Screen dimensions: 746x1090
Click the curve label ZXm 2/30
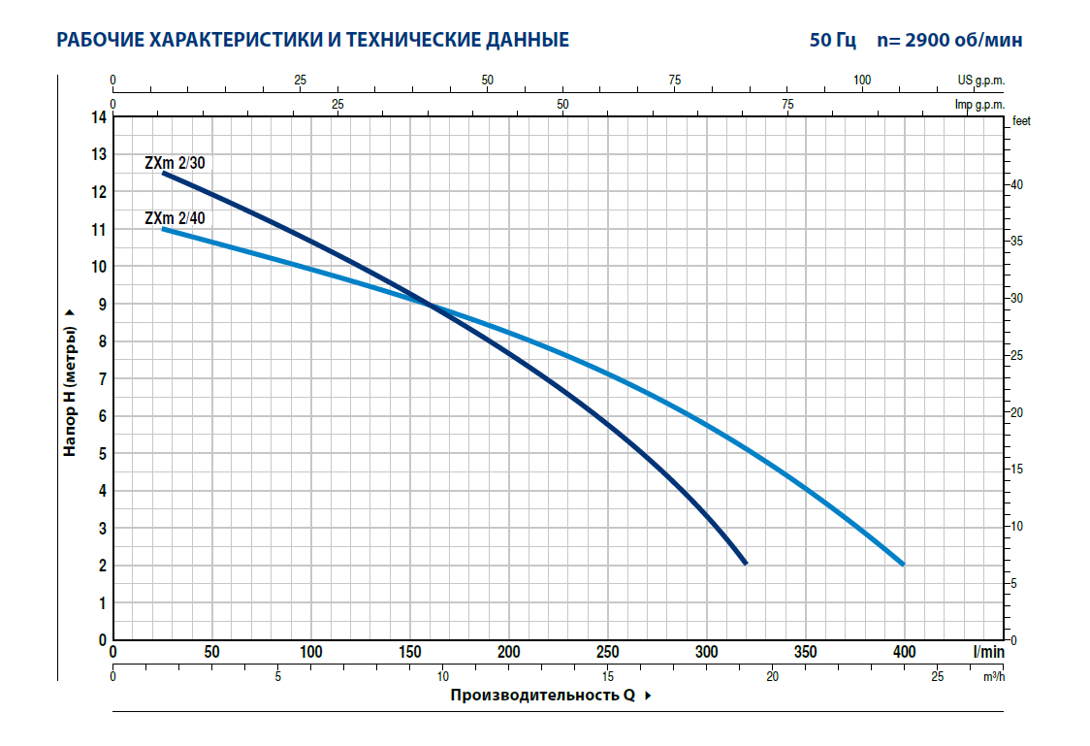(x=175, y=162)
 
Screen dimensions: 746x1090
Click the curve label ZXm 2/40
(x=175, y=218)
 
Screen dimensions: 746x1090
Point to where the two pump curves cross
(x=430, y=306)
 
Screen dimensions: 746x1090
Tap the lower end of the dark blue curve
(x=745, y=563)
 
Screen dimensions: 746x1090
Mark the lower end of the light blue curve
(x=903, y=564)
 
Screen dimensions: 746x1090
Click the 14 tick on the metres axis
(x=98, y=117)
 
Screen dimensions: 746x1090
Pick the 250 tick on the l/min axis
(x=608, y=652)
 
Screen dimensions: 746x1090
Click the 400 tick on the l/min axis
(x=904, y=652)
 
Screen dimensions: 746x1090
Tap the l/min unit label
(x=989, y=652)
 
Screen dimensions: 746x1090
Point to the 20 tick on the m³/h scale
(x=773, y=676)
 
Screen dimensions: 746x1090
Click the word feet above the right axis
(x=1020, y=121)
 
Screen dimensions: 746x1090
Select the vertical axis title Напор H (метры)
(x=70, y=382)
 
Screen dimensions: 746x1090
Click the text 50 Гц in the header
(x=833, y=41)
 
